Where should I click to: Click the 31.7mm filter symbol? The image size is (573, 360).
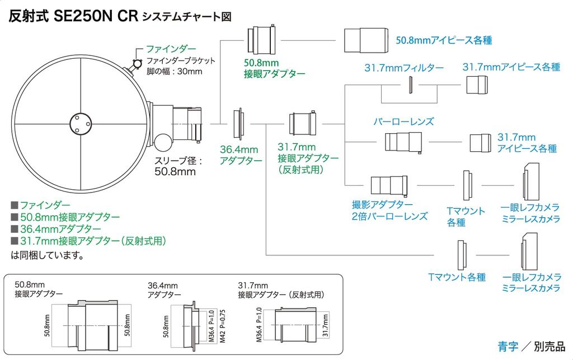(410, 85)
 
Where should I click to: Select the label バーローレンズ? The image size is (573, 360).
(403, 121)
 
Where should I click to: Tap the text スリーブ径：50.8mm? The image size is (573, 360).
(179, 166)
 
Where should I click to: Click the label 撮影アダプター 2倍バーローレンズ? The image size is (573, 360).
(389, 211)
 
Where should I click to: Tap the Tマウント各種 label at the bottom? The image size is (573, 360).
(457, 277)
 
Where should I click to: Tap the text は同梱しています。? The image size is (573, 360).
(47, 256)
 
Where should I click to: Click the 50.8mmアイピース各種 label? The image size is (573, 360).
(444, 40)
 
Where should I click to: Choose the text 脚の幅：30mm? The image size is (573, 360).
(174, 71)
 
